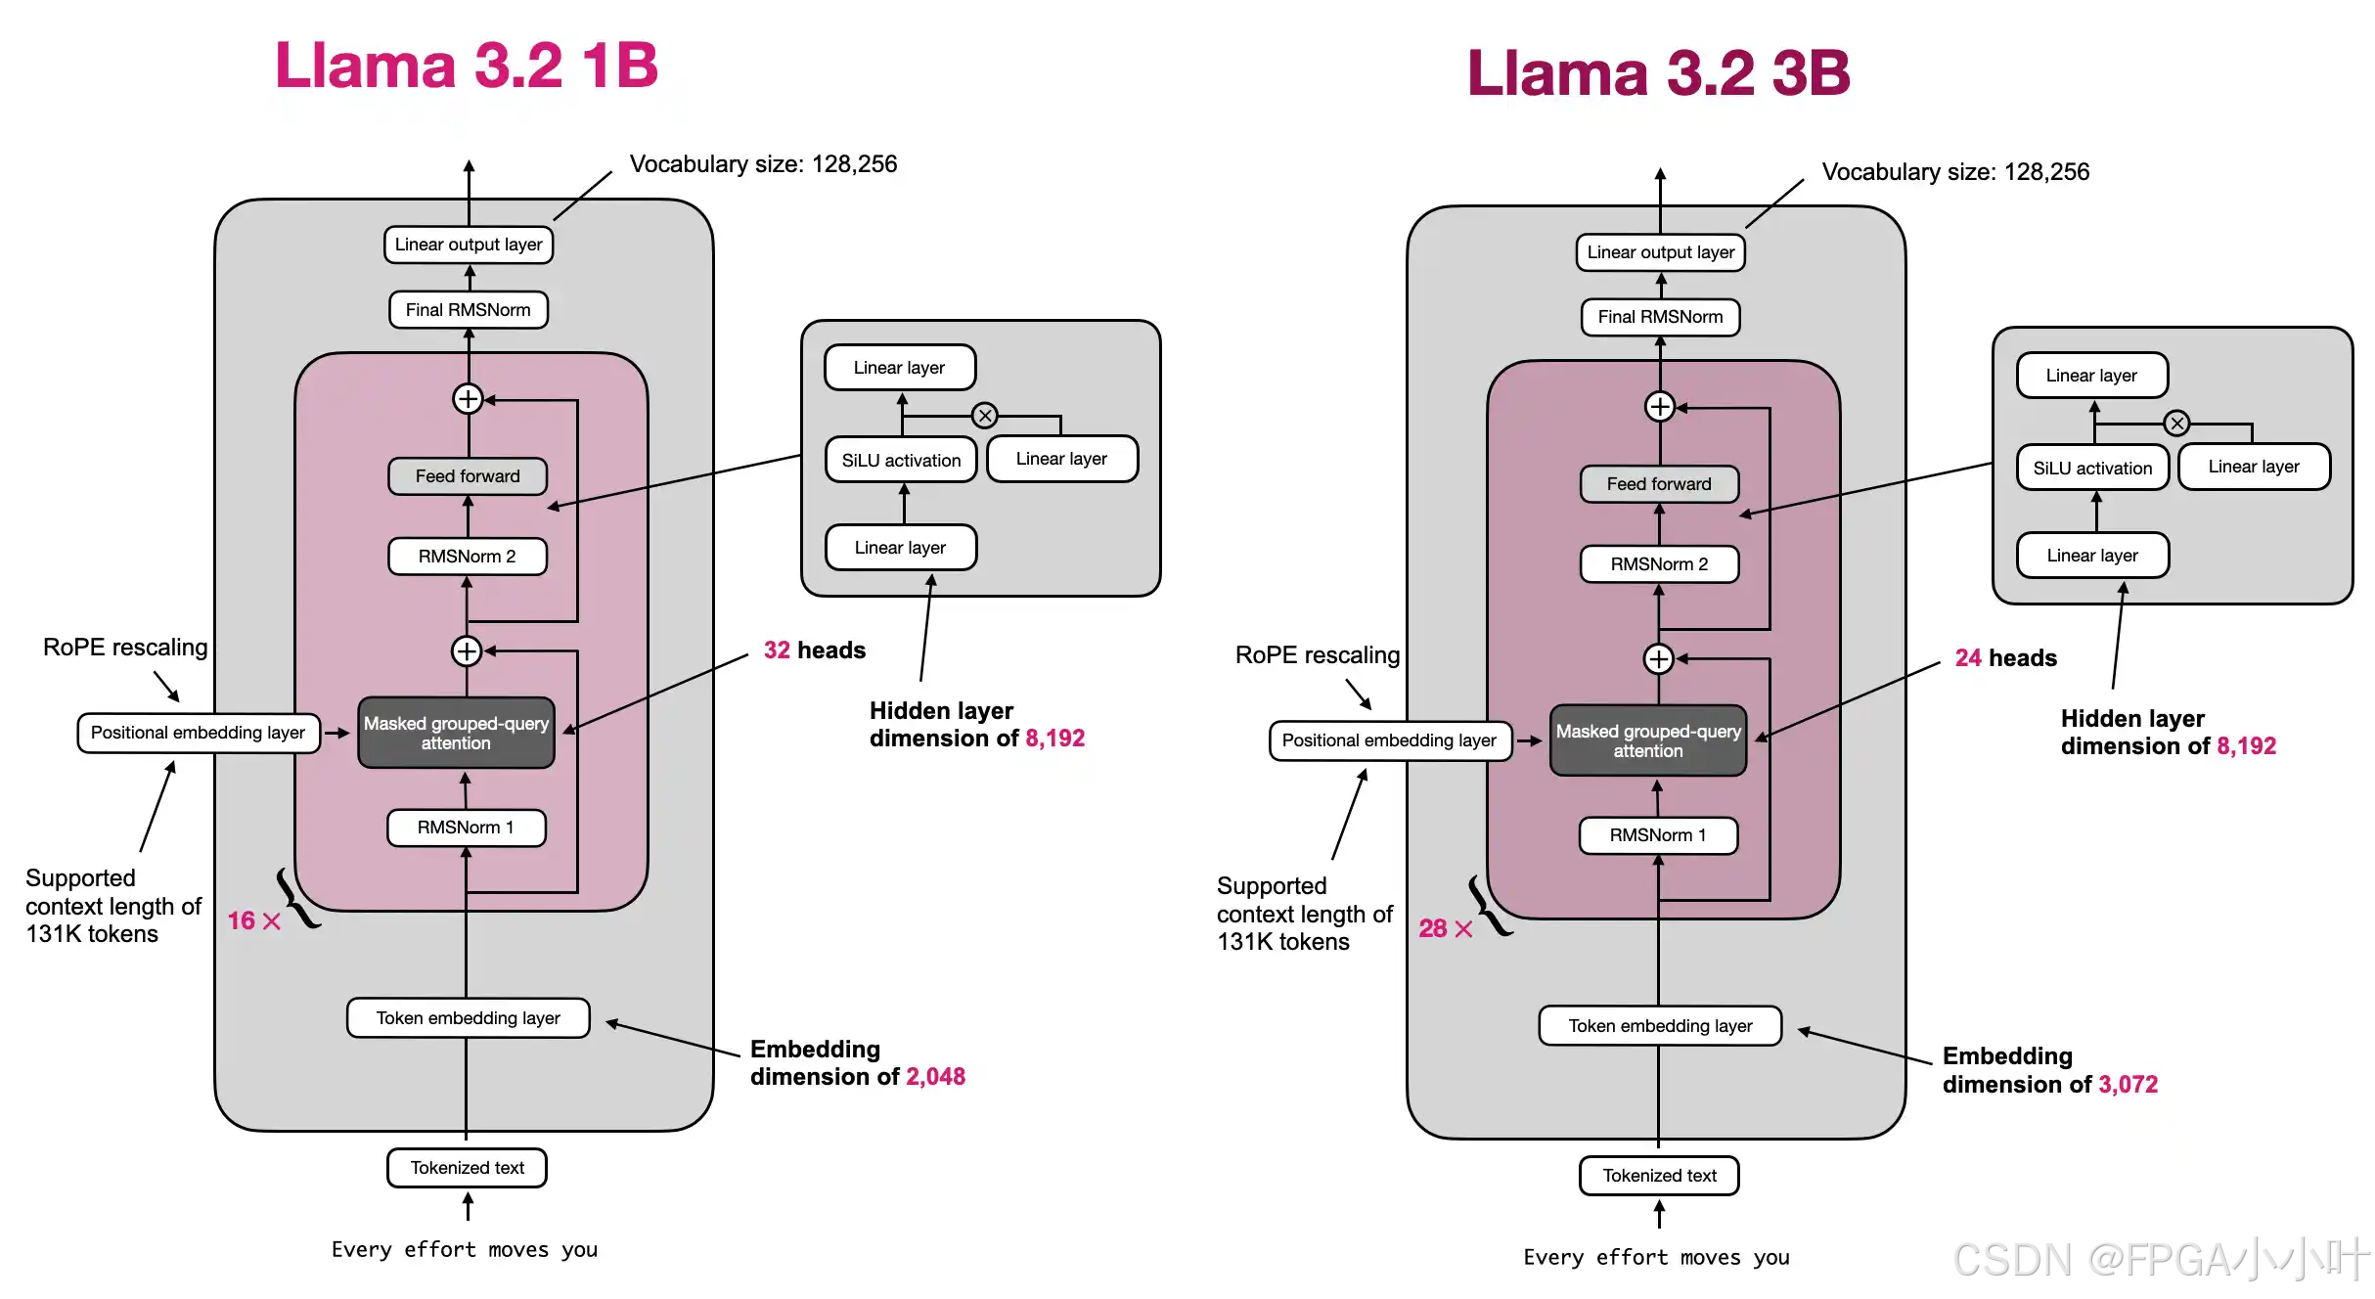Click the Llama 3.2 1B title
click(x=467, y=66)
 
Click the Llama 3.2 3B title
click(x=1658, y=73)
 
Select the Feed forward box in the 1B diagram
click(x=468, y=476)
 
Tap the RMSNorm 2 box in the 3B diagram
click(x=1659, y=564)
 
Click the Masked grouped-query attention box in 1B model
click(x=456, y=733)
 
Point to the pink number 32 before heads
click(x=777, y=650)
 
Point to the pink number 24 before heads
click(x=1968, y=658)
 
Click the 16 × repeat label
click(x=253, y=920)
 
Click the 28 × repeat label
click(x=1445, y=928)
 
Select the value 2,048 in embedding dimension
click(x=935, y=1077)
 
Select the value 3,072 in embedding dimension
click(x=2128, y=1085)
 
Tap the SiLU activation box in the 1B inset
click(x=901, y=461)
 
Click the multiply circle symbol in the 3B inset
click(x=2176, y=424)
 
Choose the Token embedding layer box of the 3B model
click(x=1660, y=1026)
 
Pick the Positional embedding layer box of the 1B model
click(x=199, y=733)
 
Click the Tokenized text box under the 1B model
click(x=467, y=1168)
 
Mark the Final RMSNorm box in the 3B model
click(x=1660, y=317)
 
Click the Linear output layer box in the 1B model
click(x=469, y=245)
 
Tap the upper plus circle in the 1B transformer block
click(x=468, y=399)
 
